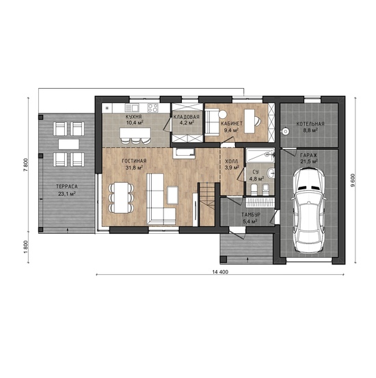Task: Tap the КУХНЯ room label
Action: click(x=133, y=117)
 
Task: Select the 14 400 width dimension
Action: click(x=220, y=272)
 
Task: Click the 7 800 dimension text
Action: click(x=26, y=165)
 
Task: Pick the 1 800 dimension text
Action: click(x=26, y=247)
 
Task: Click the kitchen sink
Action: click(x=131, y=108)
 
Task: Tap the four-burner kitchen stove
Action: click(x=152, y=108)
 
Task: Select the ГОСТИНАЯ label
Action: click(x=134, y=161)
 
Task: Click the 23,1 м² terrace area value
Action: click(x=67, y=193)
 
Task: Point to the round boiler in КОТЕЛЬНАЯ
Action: click(x=285, y=132)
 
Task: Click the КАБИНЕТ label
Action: click(x=232, y=124)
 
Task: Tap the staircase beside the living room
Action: click(x=206, y=204)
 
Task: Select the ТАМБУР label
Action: click(x=251, y=215)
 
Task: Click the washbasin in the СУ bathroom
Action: click(x=271, y=173)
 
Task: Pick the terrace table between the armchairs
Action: click(x=69, y=144)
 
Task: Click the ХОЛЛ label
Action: click(x=231, y=161)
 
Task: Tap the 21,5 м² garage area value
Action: click(x=309, y=161)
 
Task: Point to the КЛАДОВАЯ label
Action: click(x=187, y=117)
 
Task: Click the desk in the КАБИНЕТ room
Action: click(x=250, y=121)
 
